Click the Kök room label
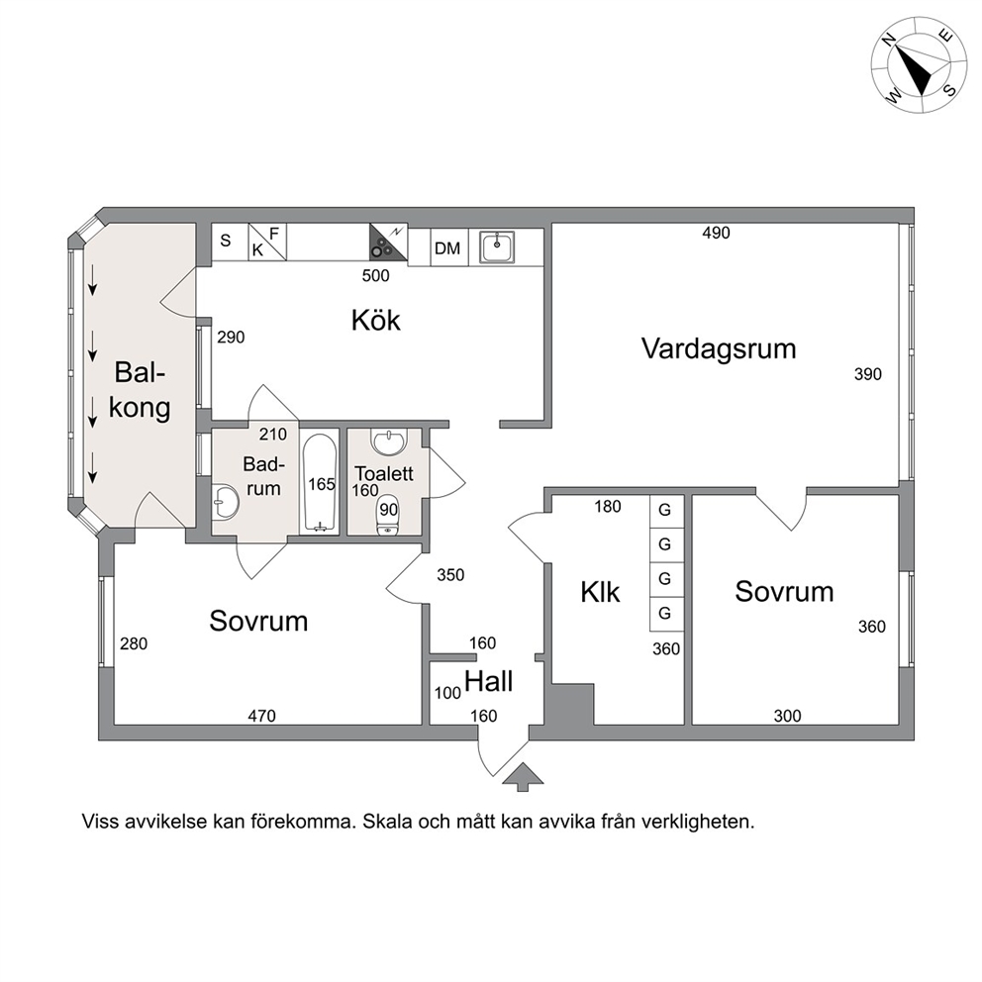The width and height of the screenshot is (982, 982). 376,320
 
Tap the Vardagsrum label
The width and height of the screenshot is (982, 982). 719,348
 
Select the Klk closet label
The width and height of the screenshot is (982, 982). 600,592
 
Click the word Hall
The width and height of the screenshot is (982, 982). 488,681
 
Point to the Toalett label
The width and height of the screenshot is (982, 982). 384,473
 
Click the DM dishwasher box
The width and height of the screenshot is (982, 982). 447,248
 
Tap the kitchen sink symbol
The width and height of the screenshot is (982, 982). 497,247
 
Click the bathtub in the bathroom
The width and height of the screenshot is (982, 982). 320,483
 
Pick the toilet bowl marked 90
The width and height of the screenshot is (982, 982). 388,516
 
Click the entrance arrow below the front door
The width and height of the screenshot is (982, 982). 523,776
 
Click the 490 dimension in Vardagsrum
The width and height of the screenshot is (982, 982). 716,233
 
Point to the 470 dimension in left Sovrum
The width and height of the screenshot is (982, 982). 261,715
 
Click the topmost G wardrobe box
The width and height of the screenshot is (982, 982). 664,511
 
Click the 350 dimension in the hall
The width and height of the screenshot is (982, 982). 450,575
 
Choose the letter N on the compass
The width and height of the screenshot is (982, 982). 887,41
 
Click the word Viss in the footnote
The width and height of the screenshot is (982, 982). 100,821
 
